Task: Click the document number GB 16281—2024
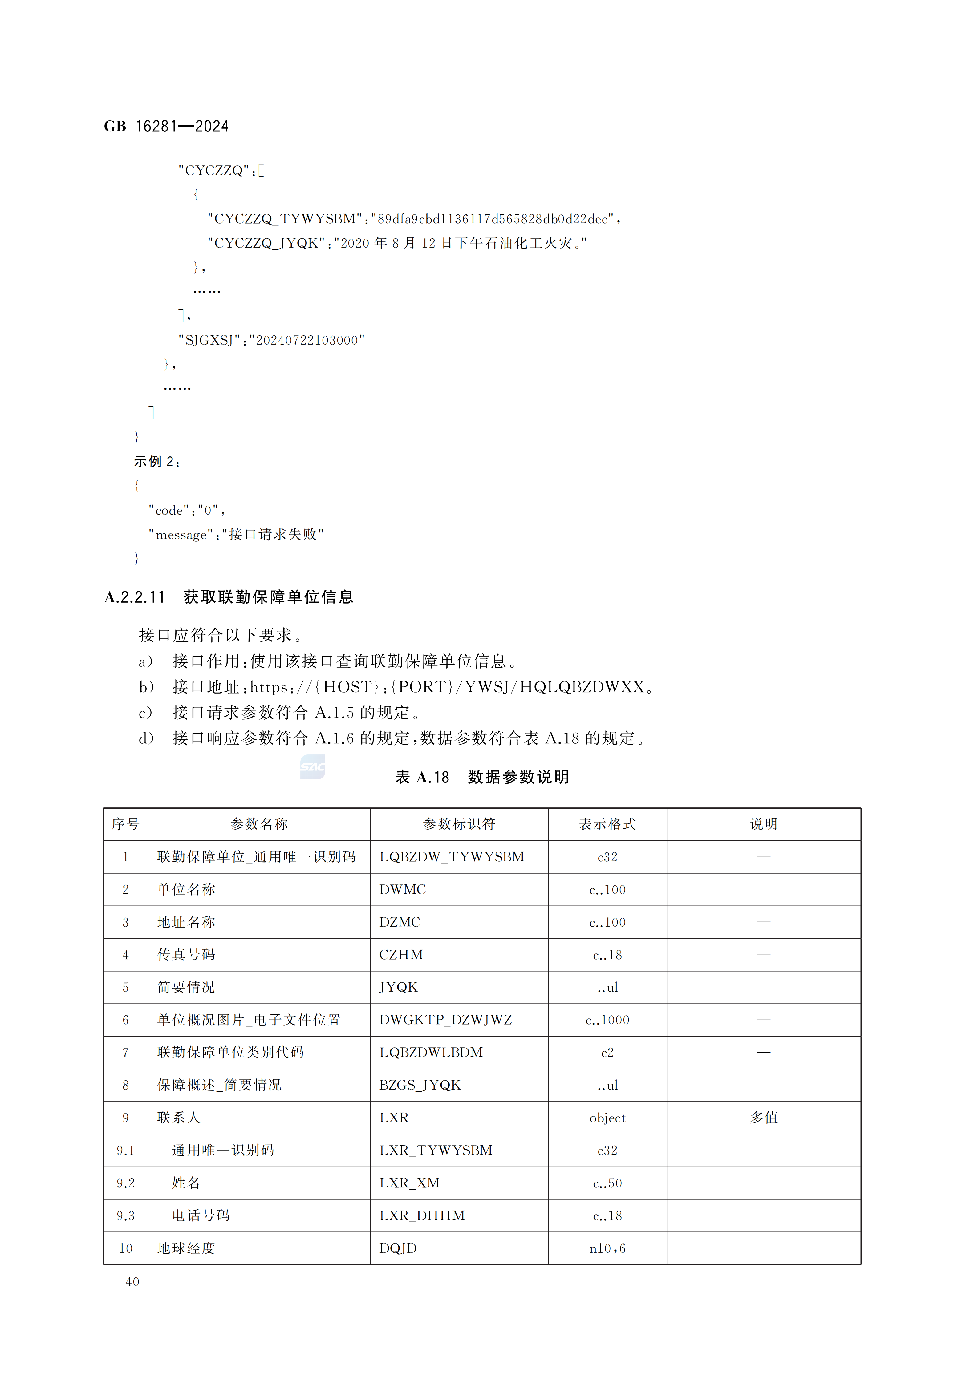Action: pyautogui.click(x=166, y=127)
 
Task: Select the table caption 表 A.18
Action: pyautogui.click(x=422, y=777)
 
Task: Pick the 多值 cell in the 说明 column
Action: pyautogui.click(x=764, y=1117)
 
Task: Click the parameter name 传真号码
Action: pyautogui.click(x=186, y=955)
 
